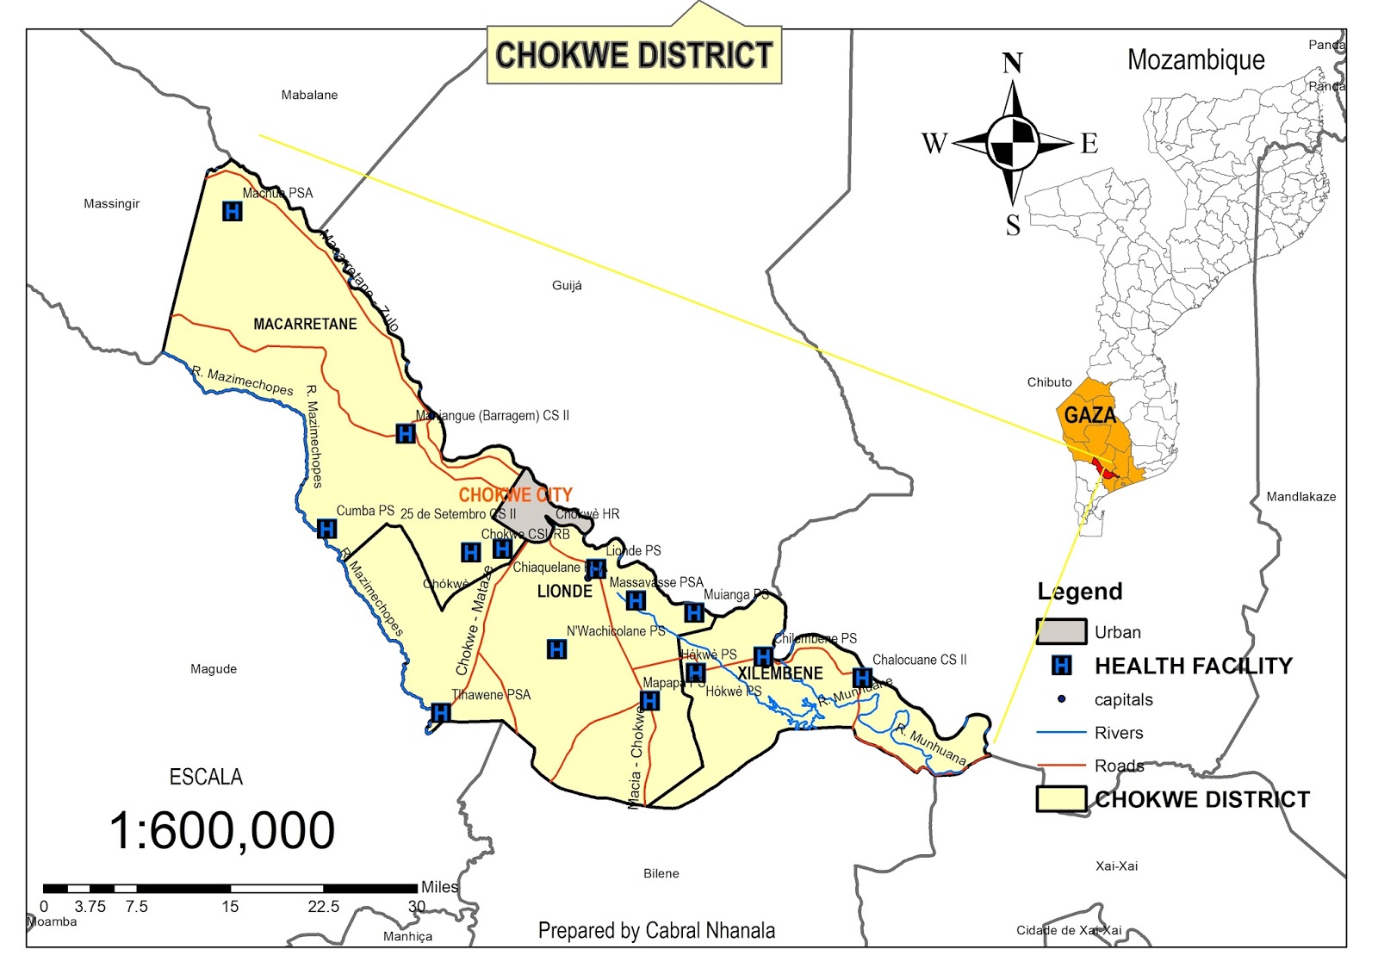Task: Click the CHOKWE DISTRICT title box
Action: [x=634, y=55]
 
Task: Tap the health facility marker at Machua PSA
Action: [x=232, y=211]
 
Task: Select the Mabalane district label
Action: [x=309, y=95]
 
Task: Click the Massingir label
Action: [x=111, y=203]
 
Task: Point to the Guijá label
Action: [x=567, y=285]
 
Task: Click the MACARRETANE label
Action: [x=305, y=324]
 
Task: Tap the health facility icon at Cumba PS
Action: [x=326, y=529]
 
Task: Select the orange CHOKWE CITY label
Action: [x=515, y=494]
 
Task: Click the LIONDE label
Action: [x=565, y=592]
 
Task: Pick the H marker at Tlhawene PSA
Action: [x=440, y=712]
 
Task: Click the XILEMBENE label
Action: [x=779, y=673]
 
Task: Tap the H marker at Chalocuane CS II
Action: [x=862, y=678]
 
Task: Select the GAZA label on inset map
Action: [x=1089, y=415]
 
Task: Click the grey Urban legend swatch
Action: [x=1060, y=631]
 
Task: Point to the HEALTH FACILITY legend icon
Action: [x=1062, y=666]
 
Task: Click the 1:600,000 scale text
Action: [x=222, y=831]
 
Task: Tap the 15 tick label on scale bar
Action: [x=230, y=906]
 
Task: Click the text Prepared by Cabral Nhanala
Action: [x=656, y=930]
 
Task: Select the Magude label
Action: [x=214, y=668]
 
